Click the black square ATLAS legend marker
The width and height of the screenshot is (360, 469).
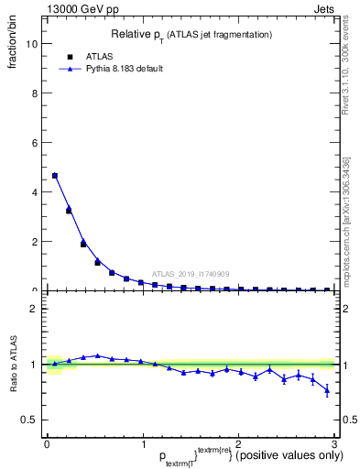(70, 56)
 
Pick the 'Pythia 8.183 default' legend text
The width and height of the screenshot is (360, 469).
(124, 69)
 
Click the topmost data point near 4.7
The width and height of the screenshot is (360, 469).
(55, 175)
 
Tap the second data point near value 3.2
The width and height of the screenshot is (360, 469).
(69, 211)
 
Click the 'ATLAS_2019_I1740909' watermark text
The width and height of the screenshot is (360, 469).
(190, 273)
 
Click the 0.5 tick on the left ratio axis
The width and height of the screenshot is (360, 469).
(29, 420)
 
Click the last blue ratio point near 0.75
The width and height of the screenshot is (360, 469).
(327, 391)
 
